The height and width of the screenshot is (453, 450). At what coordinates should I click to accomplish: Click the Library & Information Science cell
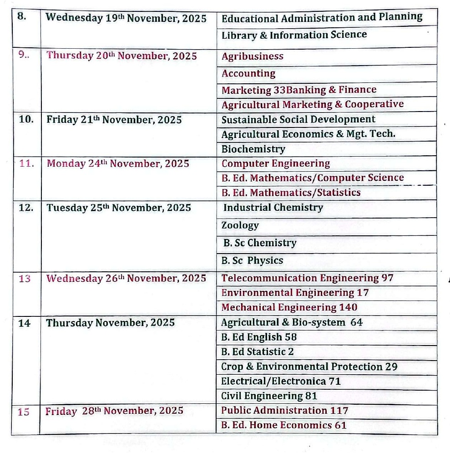coord(294,35)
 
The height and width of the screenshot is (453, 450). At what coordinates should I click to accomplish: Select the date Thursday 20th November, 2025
coord(121,56)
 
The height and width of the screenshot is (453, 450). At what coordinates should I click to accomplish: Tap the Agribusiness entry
coord(252,56)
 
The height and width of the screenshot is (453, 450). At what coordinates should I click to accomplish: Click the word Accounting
coord(248,73)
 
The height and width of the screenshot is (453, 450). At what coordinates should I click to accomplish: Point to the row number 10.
coord(26,120)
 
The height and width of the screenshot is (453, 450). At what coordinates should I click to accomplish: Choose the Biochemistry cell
coord(253,149)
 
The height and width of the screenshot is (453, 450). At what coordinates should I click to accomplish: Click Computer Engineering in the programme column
coord(275,163)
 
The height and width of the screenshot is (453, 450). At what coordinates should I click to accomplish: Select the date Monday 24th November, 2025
coord(117,163)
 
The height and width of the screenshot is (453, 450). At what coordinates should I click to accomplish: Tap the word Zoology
coord(240,225)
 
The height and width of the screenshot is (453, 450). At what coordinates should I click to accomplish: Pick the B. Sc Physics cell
coord(252,261)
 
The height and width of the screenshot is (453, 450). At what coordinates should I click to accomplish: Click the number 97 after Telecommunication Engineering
coord(388,278)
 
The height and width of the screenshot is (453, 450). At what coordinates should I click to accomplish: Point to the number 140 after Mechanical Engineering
coord(348,307)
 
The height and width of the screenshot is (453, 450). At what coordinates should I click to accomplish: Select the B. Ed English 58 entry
coord(258,337)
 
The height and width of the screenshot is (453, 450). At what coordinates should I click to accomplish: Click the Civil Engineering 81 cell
coord(269,396)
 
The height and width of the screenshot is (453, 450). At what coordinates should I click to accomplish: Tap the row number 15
coord(24,412)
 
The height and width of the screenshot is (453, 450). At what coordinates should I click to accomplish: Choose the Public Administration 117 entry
coord(284,411)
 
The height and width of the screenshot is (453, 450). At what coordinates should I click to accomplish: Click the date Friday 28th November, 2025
coord(114,411)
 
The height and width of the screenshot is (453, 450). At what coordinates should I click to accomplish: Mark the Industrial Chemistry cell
coord(273,208)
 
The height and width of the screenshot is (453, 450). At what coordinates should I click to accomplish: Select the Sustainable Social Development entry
coord(298,119)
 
